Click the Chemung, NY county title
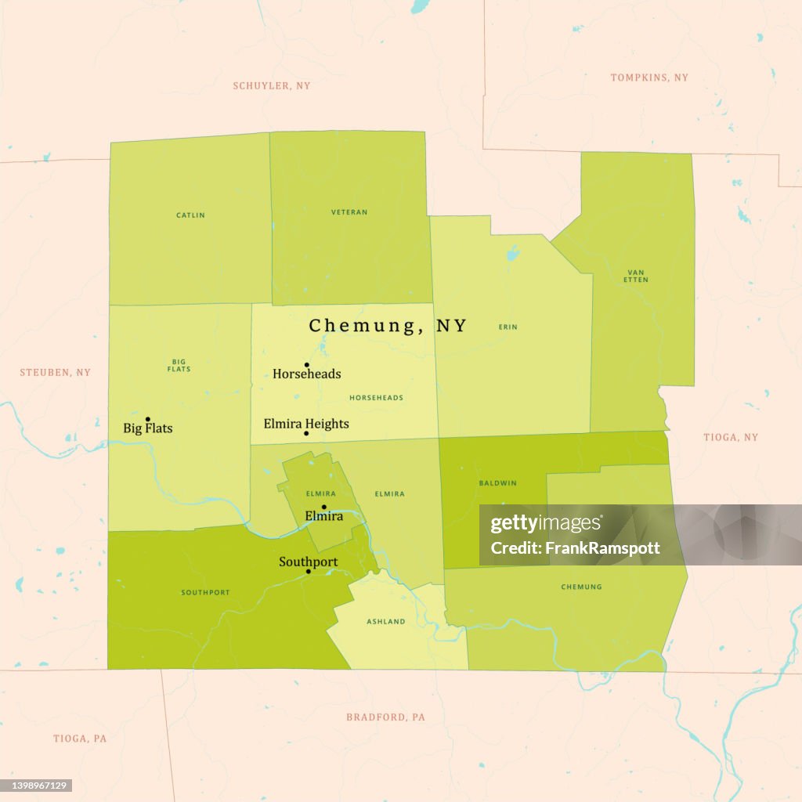pyautogui.click(x=388, y=326)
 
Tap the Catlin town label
pyautogui.click(x=190, y=215)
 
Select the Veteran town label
pyautogui.click(x=349, y=212)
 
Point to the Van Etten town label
pyautogui.click(x=636, y=276)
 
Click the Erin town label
pyautogui.click(x=508, y=327)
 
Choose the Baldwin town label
pyautogui.click(x=497, y=483)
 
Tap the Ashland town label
pyautogui.click(x=386, y=622)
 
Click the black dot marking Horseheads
pyautogui.click(x=307, y=365)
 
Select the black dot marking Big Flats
pyautogui.click(x=147, y=419)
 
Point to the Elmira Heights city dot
pyautogui.click(x=306, y=433)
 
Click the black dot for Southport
pyautogui.click(x=308, y=571)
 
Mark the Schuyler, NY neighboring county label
pyautogui.click(x=272, y=86)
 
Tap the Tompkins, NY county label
pyautogui.click(x=649, y=78)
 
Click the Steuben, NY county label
pyautogui.click(x=56, y=373)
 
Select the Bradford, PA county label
pyautogui.click(x=386, y=717)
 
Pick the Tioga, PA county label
pyautogui.click(x=80, y=739)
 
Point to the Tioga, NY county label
pyautogui.click(x=731, y=437)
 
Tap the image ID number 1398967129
pyautogui.click(x=38, y=785)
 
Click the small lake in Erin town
pyautogui.click(x=512, y=254)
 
